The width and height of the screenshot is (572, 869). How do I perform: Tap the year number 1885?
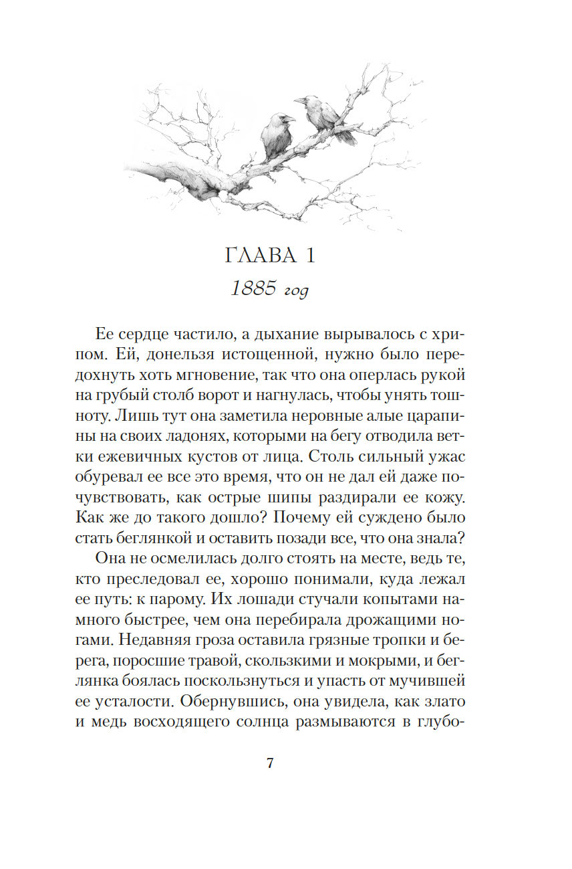click(253, 289)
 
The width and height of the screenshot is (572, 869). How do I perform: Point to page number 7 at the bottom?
click(270, 763)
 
